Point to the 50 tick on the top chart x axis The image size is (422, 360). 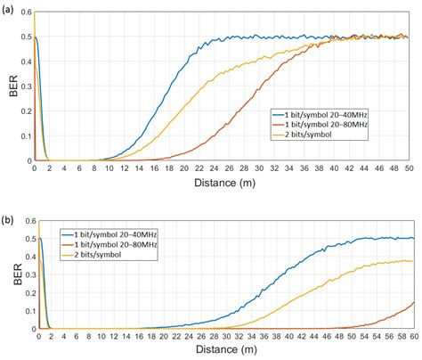(x=408, y=168)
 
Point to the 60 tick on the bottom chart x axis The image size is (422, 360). (x=411, y=336)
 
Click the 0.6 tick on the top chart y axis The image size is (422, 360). (x=25, y=12)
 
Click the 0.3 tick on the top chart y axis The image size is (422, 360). (x=25, y=86)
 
